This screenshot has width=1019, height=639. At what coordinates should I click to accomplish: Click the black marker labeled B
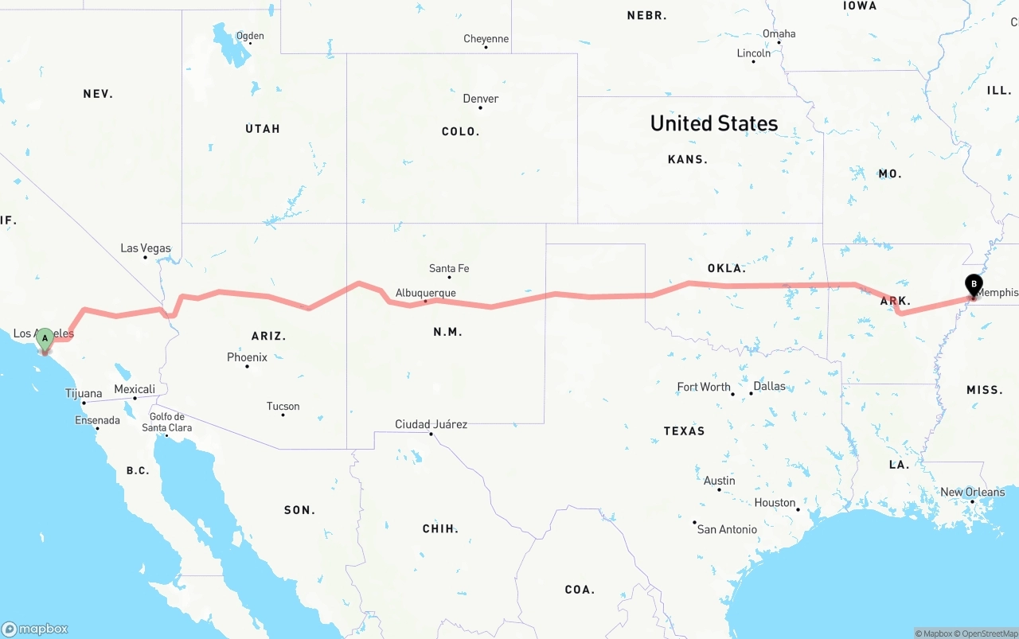point(973,285)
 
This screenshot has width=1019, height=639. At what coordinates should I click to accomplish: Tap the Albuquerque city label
point(425,293)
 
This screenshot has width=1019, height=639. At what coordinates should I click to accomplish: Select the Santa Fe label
point(449,268)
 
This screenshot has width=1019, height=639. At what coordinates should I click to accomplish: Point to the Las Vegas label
point(146,248)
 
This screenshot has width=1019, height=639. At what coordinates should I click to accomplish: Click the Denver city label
point(481,99)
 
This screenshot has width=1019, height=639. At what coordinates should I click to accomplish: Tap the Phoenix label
point(247,357)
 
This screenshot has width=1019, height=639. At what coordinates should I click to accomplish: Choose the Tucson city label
point(283,406)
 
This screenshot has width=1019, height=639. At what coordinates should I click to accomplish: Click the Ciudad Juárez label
point(431,424)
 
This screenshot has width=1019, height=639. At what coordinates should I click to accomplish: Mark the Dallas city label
point(769,386)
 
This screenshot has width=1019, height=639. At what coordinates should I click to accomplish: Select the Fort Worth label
point(704,387)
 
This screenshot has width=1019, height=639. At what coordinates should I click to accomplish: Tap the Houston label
point(775,502)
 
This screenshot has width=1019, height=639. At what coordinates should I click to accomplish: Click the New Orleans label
point(972,492)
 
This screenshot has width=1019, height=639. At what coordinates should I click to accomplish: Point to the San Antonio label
point(727,528)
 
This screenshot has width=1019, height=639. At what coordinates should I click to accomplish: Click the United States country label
point(714,123)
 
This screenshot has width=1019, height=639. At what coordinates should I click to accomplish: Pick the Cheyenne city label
point(486,38)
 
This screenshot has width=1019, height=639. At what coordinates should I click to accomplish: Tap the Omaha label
point(779,33)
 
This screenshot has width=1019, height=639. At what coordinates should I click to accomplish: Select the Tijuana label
point(84,393)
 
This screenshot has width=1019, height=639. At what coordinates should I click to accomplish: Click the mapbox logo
point(35,629)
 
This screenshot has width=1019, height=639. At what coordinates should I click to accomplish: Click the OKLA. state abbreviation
point(726,268)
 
